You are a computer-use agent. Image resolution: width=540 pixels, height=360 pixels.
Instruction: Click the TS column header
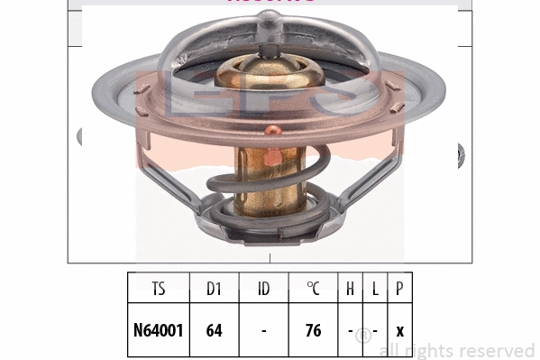pos(159,290)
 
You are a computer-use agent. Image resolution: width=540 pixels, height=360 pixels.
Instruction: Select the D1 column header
pos(214,290)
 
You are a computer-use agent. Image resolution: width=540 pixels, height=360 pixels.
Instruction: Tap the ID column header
pos(263,290)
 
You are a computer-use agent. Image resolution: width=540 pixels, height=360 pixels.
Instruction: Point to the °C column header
pos(313,290)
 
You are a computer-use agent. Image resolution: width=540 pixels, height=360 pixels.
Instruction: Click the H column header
pos(350,290)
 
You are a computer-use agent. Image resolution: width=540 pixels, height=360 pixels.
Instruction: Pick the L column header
pos(374,290)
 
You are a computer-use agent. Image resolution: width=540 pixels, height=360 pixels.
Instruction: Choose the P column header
pos(398,290)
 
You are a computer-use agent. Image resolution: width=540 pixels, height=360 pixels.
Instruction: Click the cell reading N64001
pos(159,330)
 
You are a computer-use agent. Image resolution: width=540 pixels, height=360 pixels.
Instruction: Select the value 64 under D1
pos(214,330)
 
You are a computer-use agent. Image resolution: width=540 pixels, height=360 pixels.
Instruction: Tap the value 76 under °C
pos(313,330)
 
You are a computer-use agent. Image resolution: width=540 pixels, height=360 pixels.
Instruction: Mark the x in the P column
pos(398,331)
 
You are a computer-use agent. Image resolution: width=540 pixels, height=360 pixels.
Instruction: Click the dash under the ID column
pos(263,331)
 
